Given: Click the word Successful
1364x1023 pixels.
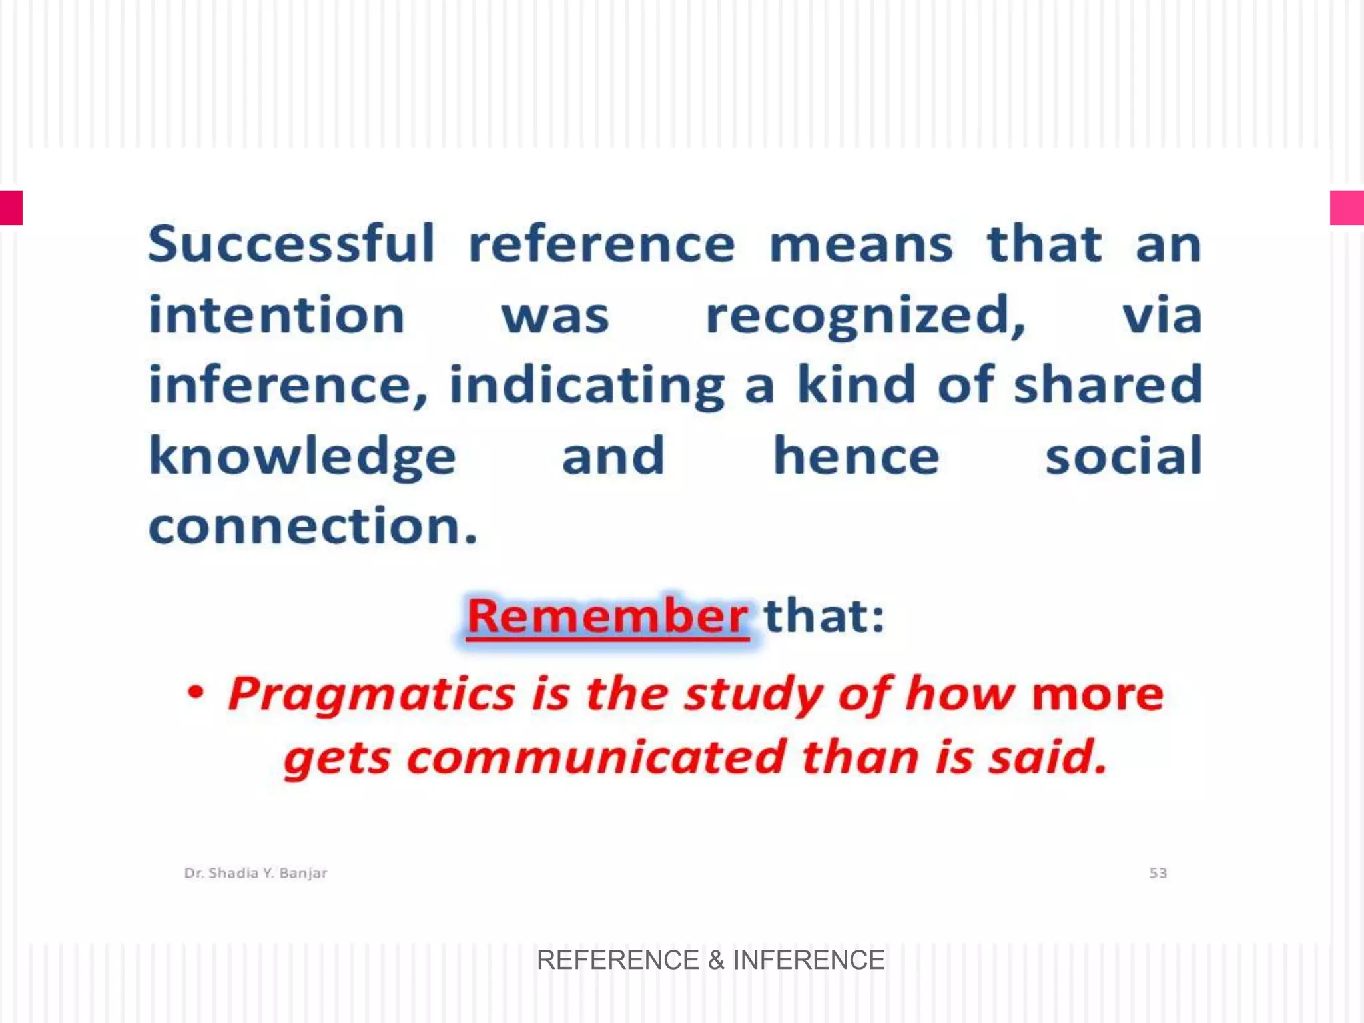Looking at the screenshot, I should [x=291, y=244].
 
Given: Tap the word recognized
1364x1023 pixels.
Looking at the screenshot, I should [x=864, y=316].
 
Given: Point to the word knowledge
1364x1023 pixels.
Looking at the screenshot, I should [x=302, y=457].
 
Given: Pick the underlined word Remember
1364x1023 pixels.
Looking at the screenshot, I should [x=607, y=616].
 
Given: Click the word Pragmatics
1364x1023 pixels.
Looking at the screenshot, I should [x=372, y=695].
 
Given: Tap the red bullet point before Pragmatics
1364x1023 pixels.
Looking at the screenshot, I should [x=195, y=693].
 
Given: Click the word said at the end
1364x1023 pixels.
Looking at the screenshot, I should [x=1046, y=758].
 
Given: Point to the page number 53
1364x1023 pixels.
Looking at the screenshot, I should [x=1158, y=873].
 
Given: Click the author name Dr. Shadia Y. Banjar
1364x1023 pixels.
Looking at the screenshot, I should [x=256, y=873].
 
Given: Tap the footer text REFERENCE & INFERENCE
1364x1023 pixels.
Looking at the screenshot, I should [x=711, y=960].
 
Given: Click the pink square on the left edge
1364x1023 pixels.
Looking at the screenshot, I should [x=11, y=208].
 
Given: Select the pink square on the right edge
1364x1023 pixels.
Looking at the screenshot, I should [x=1347, y=208].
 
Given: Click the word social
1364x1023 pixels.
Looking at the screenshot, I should [x=1124, y=456].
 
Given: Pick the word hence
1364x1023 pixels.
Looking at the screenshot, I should [x=856, y=456].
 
